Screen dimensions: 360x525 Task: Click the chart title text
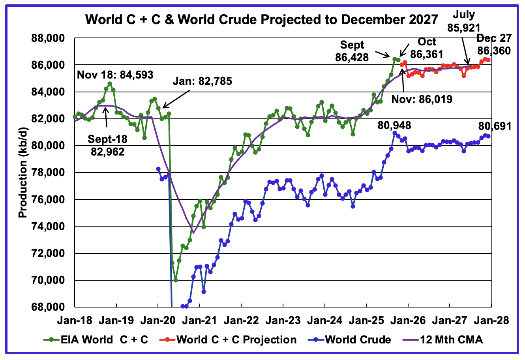tap(262, 19)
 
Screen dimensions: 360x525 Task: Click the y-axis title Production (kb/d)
tap(23, 172)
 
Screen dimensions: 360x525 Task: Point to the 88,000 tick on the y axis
tap(50, 38)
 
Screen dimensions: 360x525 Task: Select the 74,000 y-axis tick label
tap(50, 227)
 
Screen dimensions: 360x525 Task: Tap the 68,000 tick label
tap(50, 307)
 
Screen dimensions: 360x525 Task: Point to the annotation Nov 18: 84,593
tap(115, 74)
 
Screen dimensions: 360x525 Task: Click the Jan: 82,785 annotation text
tap(202, 82)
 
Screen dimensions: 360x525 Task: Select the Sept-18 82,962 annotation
tap(106, 145)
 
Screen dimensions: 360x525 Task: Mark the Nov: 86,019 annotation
tap(422, 99)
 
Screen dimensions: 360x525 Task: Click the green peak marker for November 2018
tap(110, 84)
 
